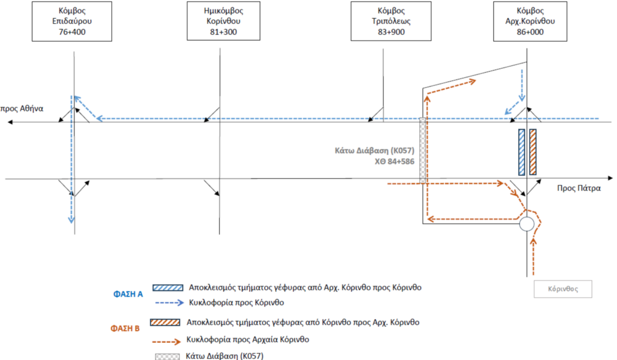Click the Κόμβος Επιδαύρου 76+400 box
72,21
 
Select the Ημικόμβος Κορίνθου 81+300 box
223,21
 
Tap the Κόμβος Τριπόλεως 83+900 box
391,21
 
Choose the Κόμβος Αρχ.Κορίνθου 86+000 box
530,21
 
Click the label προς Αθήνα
22,109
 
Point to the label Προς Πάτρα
578,188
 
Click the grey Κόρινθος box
563,289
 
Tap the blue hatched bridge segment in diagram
522,152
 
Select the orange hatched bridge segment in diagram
533,152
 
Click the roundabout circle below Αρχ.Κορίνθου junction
527,224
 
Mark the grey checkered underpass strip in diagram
423,150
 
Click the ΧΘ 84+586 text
394,161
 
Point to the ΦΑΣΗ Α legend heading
128,294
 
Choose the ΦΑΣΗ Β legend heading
125,328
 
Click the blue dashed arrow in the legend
169,303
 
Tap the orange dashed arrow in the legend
166,341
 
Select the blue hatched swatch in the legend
168,288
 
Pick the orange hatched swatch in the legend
165,322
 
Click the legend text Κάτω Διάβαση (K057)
224,356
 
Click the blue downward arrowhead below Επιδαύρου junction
71,220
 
